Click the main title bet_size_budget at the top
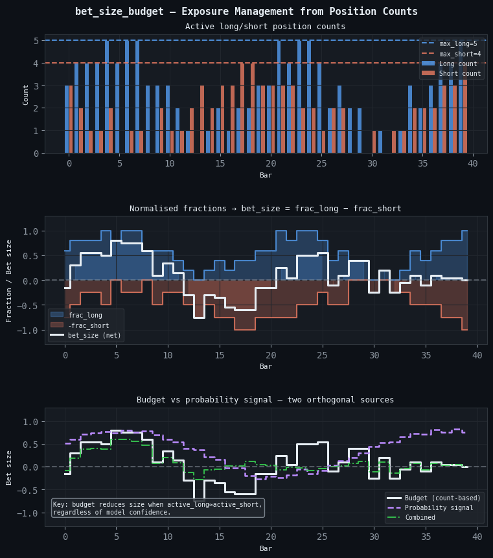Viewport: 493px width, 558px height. tap(246, 12)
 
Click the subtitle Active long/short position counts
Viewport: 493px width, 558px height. tap(265, 27)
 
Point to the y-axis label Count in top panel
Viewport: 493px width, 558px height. tap(26, 94)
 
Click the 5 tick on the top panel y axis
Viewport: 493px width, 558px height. tap(36, 40)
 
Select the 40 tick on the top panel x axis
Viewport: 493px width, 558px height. tap(473, 165)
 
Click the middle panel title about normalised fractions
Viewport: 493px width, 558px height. tap(265, 209)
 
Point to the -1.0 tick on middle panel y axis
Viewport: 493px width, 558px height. tap(29, 331)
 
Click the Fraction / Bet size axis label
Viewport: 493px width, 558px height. tap(9, 280)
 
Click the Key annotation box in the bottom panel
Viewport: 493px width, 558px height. tap(157, 508)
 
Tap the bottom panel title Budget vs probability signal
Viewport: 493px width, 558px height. tap(265, 400)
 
